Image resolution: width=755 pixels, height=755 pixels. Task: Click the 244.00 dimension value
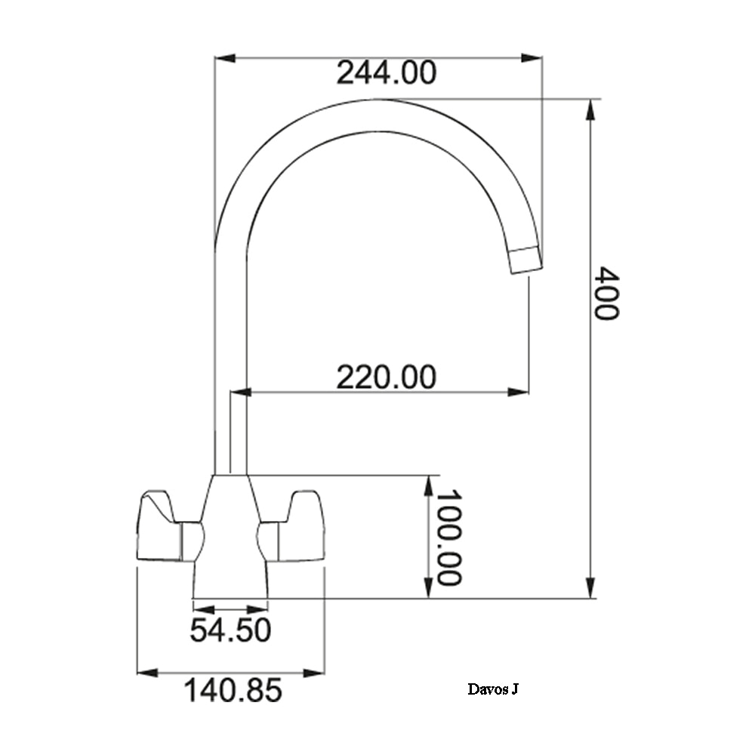(x=386, y=72)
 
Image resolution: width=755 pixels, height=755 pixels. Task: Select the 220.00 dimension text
(x=386, y=377)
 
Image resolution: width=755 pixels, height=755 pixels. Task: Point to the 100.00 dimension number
(x=448, y=538)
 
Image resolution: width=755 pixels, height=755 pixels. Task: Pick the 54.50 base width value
(x=230, y=630)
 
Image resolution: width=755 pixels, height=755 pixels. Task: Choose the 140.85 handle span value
(x=233, y=690)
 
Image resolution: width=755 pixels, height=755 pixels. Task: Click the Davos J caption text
(x=493, y=689)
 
